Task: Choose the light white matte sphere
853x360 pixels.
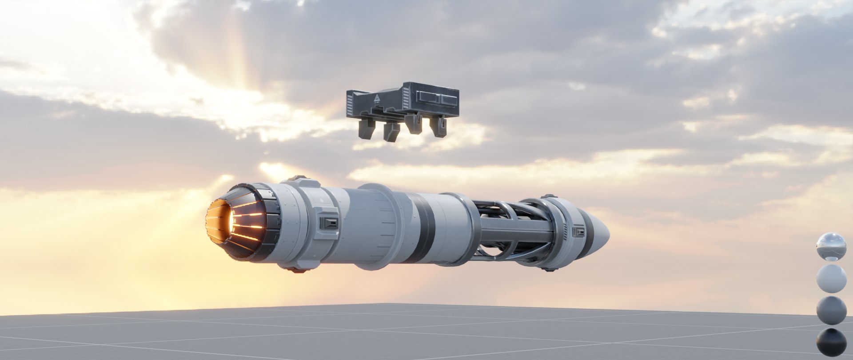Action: point(831,279)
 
